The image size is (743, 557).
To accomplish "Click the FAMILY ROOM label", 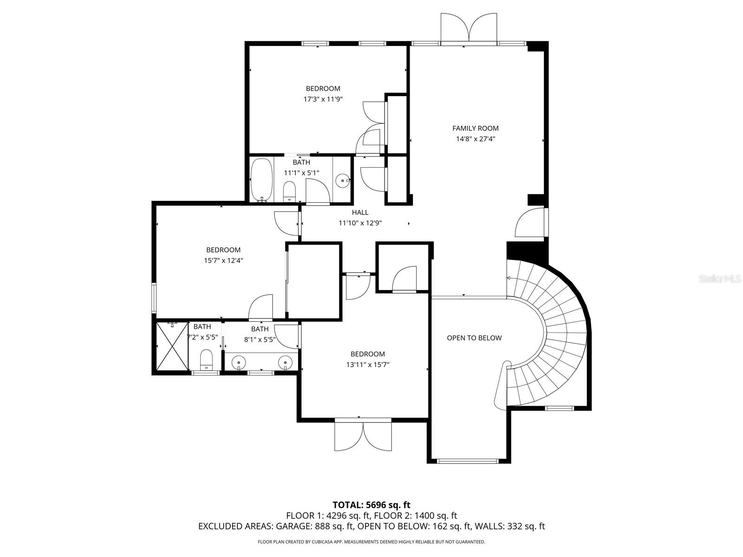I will [475, 128].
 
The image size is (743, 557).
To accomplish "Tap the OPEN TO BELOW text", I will [474, 338].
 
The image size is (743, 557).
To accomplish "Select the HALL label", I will [360, 213].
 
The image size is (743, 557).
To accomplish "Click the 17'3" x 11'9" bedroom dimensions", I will [323, 99].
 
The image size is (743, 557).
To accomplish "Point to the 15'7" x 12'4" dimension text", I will [223, 260].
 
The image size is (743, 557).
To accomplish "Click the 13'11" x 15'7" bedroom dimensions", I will [367, 364].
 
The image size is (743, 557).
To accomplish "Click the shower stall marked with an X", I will [170, 346].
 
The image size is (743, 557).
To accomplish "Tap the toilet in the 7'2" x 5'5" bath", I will [206, 360].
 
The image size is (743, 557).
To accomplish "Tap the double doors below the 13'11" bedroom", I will [363, 436].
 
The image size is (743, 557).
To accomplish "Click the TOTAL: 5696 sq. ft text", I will [371, 505].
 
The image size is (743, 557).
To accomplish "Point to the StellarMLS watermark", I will [720, 278].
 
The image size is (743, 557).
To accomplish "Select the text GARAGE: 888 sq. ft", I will [315, 526].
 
